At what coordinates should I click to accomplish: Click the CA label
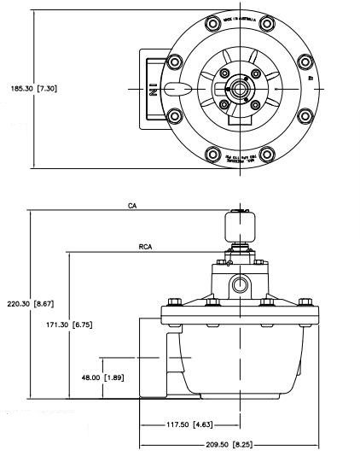point(132,206)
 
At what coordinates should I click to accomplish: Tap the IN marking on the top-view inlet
point(154,88)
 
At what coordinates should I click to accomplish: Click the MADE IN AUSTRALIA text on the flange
point(241,22)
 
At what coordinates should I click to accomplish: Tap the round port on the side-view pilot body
point(239,283)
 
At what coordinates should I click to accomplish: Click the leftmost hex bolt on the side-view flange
point(174,301)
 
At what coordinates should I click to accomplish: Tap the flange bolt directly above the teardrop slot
point(176,61)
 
